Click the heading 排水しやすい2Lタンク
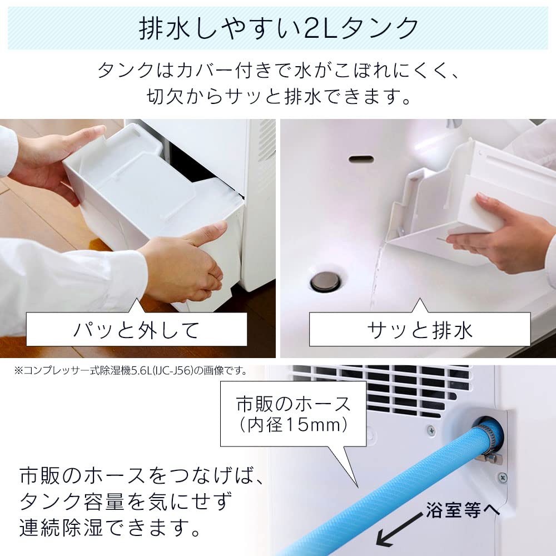tap(278, 28)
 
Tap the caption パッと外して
tap(136, 330)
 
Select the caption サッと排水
tap(419, 330)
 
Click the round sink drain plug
tap(325, 281)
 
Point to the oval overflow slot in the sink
tap(361, 160)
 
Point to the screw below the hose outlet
tap(502, 477)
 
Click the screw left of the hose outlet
tap(431, 429)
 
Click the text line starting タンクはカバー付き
tap(278, 71)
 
